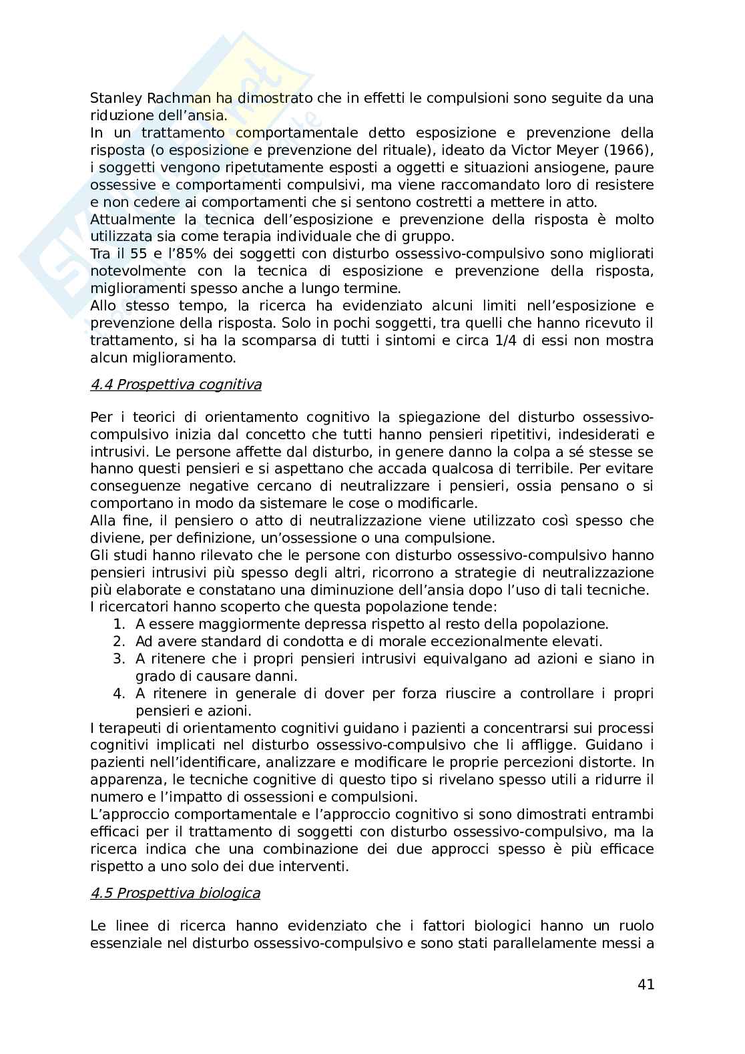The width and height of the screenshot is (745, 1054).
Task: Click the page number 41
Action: (x=646, y=985)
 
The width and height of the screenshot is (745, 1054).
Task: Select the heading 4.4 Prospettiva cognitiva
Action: (x=176, y=384)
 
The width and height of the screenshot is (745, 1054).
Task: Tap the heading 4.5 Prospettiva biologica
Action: (x=175, y=893)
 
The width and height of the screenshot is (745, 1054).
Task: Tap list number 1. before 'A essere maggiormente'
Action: (x=119, y=625)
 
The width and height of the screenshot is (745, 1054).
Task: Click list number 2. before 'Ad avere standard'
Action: (x=119, y=642)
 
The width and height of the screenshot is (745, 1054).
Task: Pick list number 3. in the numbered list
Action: (x=119, y=660)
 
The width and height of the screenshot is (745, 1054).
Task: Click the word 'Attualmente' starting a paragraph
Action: (x=129, y=220)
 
